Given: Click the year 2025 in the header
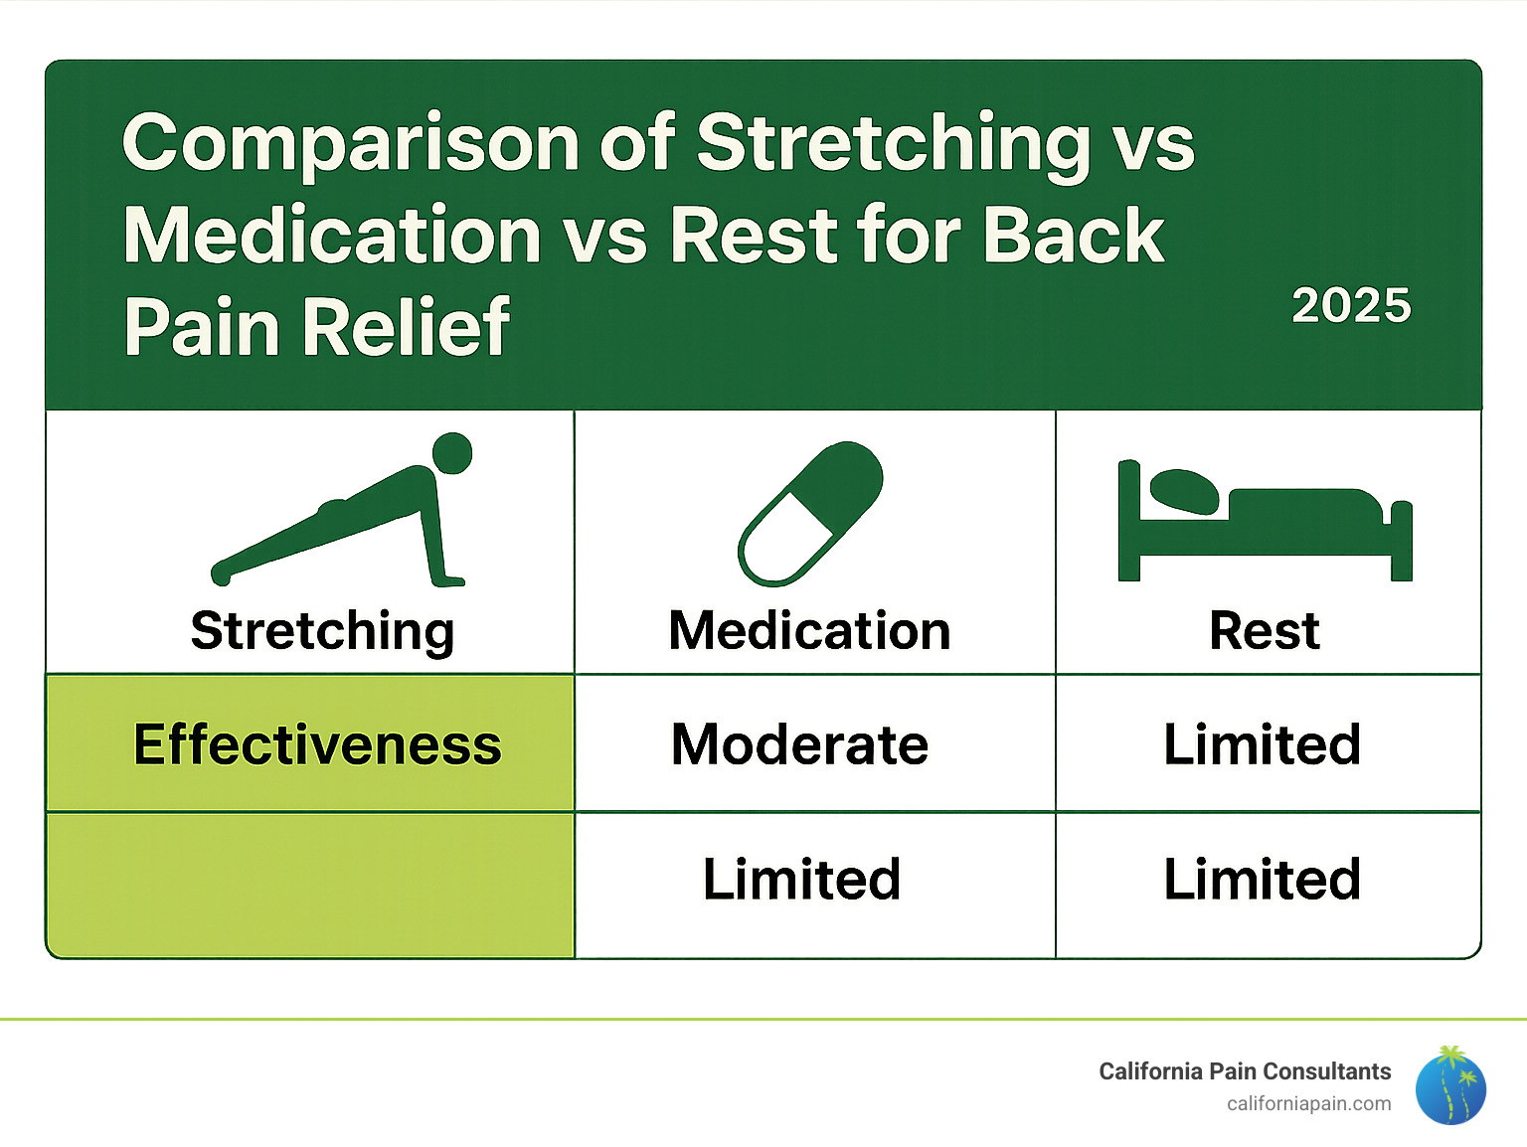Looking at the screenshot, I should [x=1351, y=305].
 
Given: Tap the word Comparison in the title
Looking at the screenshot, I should [x=351, y=143].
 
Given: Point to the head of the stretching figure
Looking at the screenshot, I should [x=452, y=453].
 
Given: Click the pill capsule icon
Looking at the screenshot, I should [x=810, y=514].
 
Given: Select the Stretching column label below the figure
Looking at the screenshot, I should [x=322, y=631].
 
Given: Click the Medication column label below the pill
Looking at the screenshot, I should [x=809, y=631].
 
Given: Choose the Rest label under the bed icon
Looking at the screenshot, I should [x=1265, y=631].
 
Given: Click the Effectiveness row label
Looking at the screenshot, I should [x=317, y=744].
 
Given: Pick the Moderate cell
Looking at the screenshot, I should [x=799, y=744].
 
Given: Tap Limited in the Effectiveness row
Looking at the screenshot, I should [x=1262, y=744].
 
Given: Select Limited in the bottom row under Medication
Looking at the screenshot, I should [x=801, y=880].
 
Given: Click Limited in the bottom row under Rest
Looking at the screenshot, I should [x=1262, y=880].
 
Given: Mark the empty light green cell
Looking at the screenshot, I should [x=310, y=885].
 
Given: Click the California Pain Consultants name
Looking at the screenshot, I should [x=1245, y=1071].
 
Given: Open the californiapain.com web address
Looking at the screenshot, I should [x=1308, y=1103].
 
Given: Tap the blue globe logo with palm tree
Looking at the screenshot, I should [x=1450, y=1086].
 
